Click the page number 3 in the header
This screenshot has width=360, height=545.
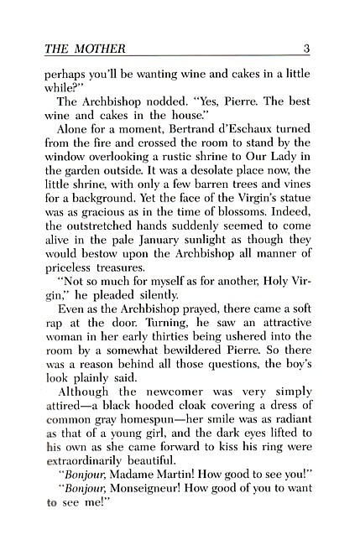point(307,48)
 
